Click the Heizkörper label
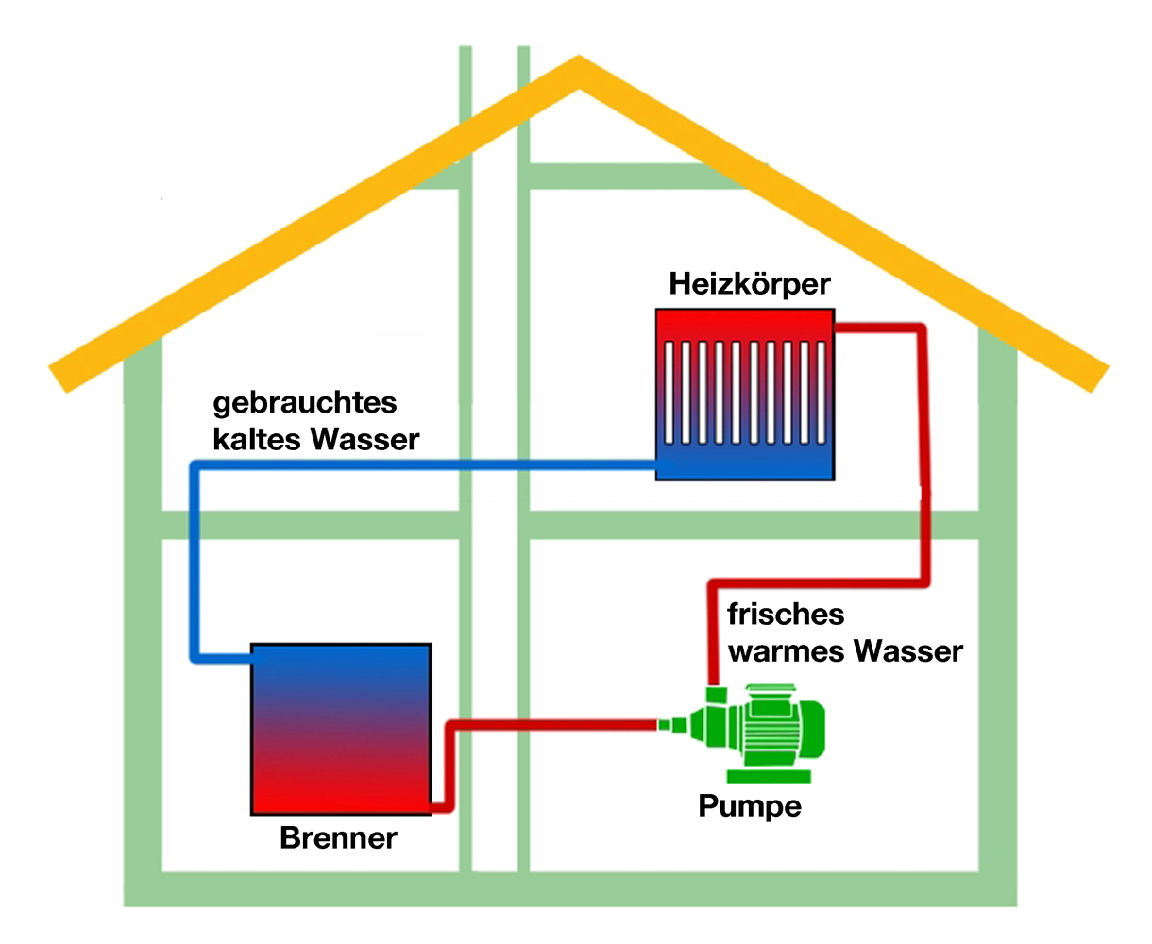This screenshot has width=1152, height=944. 750,284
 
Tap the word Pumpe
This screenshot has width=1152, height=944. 750,806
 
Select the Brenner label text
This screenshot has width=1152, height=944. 338,838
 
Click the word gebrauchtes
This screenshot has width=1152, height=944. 304,403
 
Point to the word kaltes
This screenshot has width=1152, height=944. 256,440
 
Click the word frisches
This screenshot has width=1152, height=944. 786,615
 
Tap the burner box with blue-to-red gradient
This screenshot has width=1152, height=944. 341,730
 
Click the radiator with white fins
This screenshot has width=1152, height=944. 744,395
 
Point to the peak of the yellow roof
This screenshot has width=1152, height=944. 579,57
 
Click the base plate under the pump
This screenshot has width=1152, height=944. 769,776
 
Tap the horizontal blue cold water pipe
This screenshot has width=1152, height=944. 426,465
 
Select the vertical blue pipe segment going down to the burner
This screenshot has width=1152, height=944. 195,563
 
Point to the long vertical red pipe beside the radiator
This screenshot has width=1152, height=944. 923,456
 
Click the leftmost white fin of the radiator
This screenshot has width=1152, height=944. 669,393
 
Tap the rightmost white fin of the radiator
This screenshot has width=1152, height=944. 821,393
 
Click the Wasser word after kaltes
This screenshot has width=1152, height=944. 364,440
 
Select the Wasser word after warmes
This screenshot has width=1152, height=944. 908,652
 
